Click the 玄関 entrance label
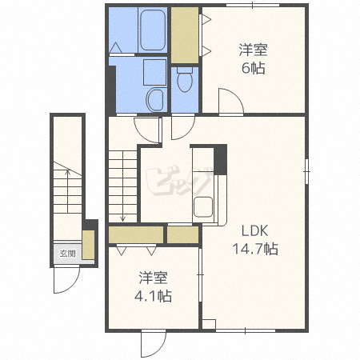(68, 254)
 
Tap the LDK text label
(254, 231)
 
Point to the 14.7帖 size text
(255, 249)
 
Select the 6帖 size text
(253, 68)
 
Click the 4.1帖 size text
(153, 296)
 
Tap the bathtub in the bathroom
(153, 30)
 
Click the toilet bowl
(185, 79)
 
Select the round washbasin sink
(155, 100)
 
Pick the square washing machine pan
(154, 72)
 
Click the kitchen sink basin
(203, 207)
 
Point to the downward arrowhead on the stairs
(122, 219)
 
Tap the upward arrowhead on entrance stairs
(68, 172)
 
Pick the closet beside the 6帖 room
(185, 35)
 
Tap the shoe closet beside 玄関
(88, 245)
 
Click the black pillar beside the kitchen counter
(221, 160)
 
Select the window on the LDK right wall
(306, 171)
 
